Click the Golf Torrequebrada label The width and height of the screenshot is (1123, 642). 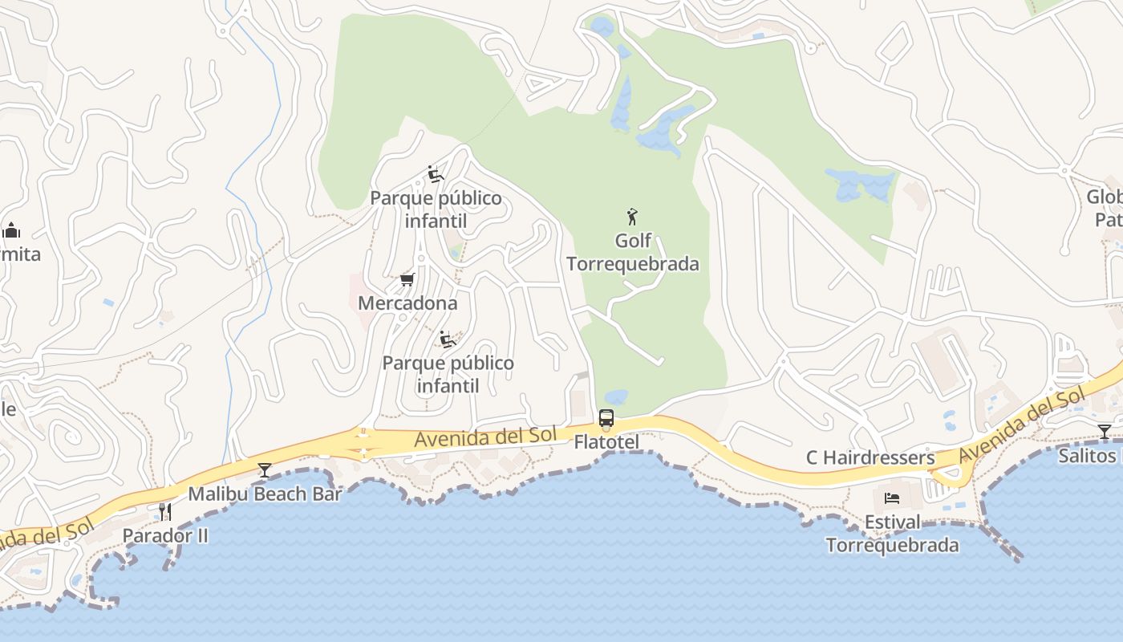(633, 252)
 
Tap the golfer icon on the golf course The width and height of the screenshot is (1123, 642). (632, 217)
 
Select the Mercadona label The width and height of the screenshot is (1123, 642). (407, 303)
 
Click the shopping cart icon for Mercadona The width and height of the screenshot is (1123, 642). (407, 280)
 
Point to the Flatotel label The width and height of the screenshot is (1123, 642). (606, 442)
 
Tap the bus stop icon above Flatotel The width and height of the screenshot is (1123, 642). (606, 418)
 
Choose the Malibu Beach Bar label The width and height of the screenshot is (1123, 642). (265, 494)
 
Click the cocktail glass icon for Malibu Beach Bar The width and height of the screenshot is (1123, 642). (265, 470)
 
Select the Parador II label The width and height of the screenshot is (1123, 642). (165, 535)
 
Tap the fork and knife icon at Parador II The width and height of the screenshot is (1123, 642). (165, 511)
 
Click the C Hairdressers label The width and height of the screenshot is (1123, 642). (870, 457)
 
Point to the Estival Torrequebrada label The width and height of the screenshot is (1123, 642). (892, 534)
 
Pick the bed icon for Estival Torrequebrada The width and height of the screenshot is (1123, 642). (892, 498)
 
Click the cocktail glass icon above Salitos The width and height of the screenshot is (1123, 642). (1105, 432)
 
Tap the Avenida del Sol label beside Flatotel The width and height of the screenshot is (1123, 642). (485, 437)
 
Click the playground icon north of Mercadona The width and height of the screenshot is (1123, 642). (436, 174)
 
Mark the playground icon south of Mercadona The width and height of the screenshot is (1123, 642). (448, 339)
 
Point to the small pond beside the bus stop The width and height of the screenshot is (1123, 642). (616, 397)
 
